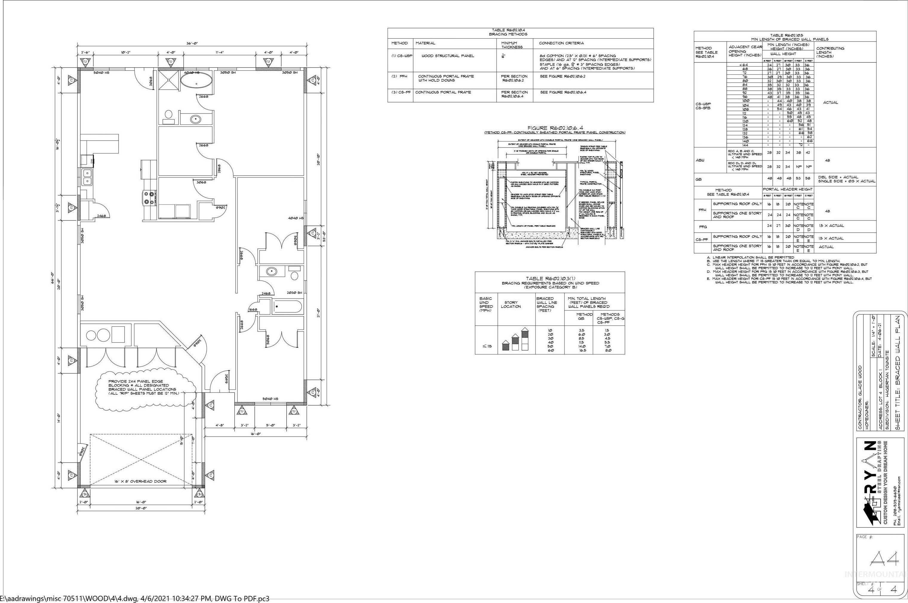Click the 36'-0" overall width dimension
193,44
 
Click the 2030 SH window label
294,293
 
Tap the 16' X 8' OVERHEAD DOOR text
141,481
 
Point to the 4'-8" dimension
219,426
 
